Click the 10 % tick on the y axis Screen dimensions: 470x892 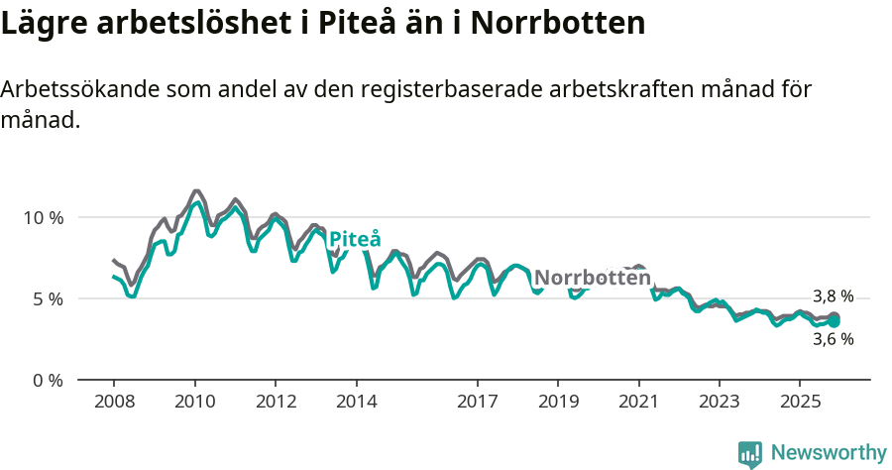(x=42, y=217)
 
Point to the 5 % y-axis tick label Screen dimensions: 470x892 (x=46, y=298)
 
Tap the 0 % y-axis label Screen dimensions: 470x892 (x=46, y=380)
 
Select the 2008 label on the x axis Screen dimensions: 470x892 (x=113, y=403)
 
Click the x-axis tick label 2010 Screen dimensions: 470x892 (x=194, y=403)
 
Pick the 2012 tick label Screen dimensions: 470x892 (x=276, y=403)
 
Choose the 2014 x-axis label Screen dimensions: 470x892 (x=356, y=403)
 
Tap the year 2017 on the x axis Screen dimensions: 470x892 (x=478, y=403)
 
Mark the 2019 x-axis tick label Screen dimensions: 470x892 (x=558, y=403)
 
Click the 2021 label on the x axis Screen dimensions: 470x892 (x=639, y=403)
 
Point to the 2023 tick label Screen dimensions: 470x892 (x=720, y=403)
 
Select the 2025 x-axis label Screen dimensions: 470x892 (x=801, y=403)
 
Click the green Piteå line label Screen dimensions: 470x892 (x=354, y=239)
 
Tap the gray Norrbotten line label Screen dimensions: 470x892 (x=593, y=278)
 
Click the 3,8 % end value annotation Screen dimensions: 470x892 (x=833, y=296)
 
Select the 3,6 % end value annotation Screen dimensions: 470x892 (x=833, y=339)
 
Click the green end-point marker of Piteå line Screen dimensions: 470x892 (x=835, y=321)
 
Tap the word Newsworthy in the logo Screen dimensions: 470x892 (x=828, y=453)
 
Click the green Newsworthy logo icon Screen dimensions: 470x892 (x=750, y=454)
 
